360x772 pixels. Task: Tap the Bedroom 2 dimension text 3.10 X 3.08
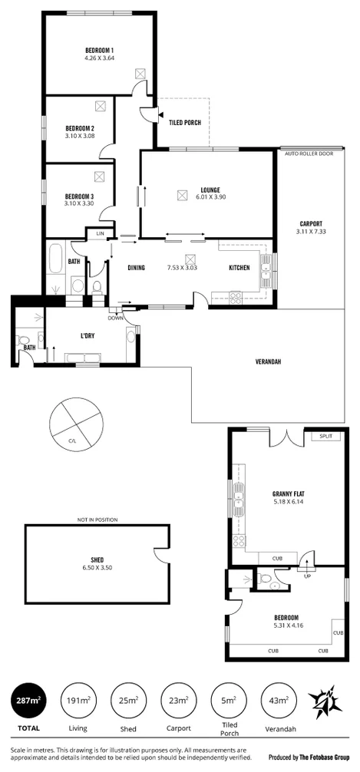[x=80, y=136]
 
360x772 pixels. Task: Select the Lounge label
[x=210, y=190]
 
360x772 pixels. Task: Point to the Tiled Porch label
[x=184, y=121]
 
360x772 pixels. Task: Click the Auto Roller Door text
[x=309, y=153]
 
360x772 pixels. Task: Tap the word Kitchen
[x=239, y=268]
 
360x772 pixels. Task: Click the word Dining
[x=137, y=268]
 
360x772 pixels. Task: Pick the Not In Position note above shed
[x=97, y=520]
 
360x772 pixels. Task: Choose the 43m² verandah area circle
[x=278, y=701]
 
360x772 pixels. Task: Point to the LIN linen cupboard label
[x=100, y=233]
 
